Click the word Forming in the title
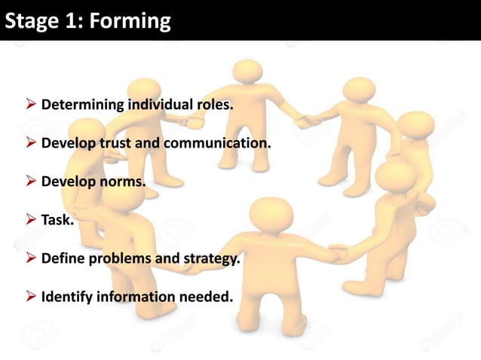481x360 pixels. (x=130, y=20)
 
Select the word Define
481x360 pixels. (x=62, y=259)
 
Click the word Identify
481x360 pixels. (x=66, y=297)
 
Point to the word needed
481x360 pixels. (x=205, y=297)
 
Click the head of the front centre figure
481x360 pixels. (x=270, y=214)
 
